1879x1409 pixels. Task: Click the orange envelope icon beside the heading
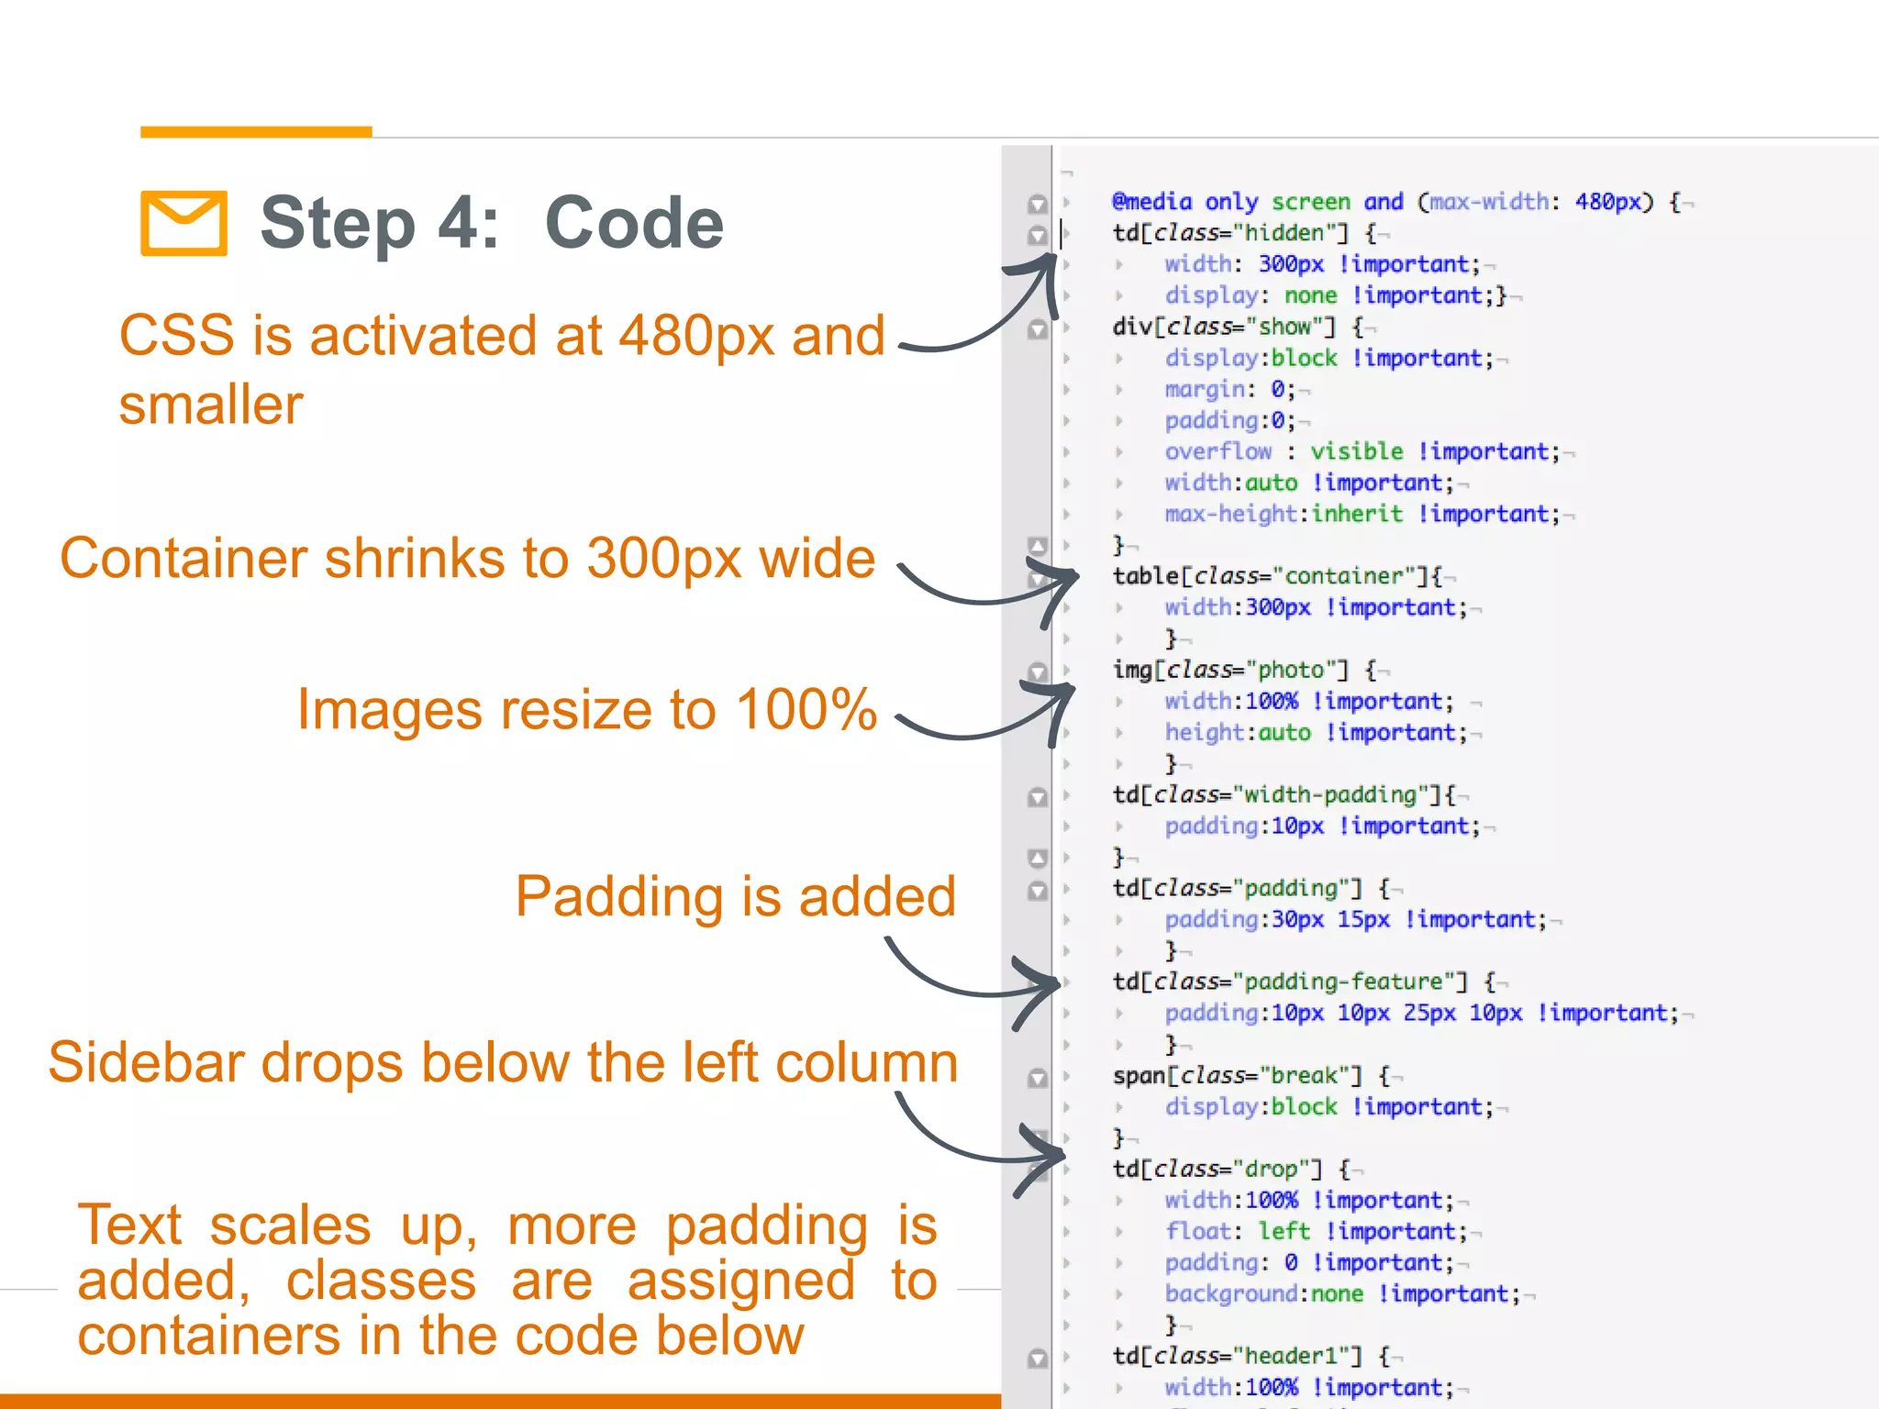click(183, 223)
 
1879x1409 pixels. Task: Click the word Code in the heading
click(634, 223)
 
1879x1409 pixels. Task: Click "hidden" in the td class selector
click(1284, 233)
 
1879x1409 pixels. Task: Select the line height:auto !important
click(1316, 733)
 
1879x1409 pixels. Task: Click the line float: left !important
click(1316, 1232)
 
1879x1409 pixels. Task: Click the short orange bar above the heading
click(256, 132)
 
